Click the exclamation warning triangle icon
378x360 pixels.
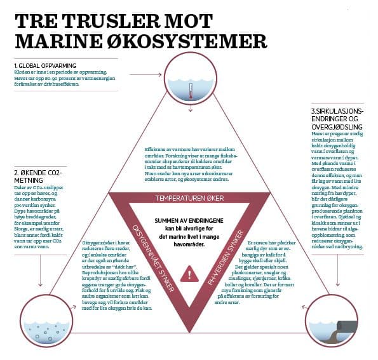coord(189,274)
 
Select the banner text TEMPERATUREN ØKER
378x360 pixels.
coord(189,199)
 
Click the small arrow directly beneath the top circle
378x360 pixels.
coord(189,109)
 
